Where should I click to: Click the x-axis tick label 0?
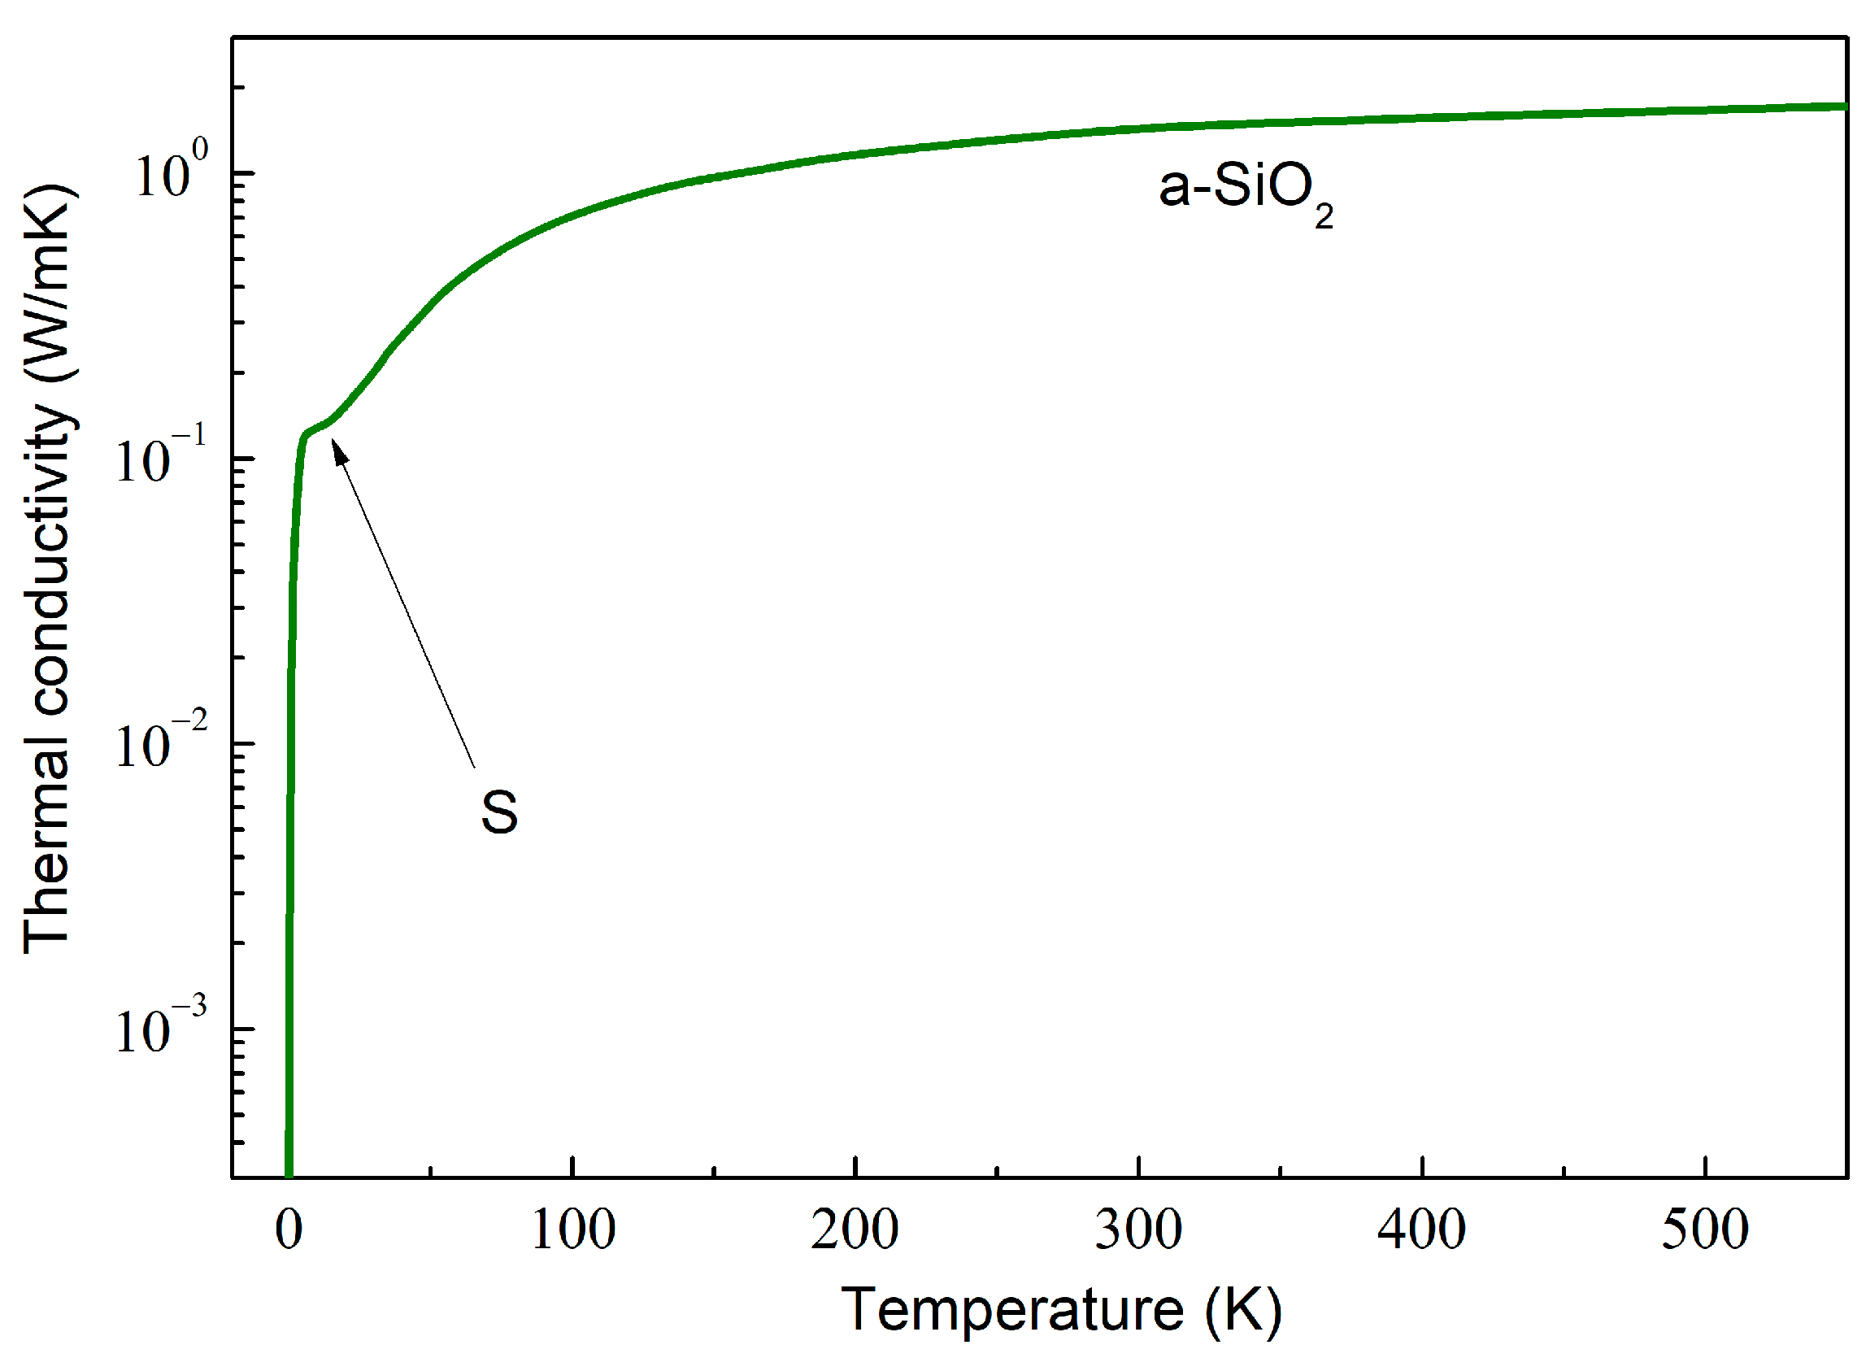(289, 1230)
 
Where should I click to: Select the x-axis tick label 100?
(572, 1230)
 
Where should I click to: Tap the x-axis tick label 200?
(855, 1230)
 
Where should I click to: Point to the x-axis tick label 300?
(1138, 1230)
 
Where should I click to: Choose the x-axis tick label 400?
(1422, 1230)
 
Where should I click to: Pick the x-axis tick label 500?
(1705, 1230)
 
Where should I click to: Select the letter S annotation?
(499, 812)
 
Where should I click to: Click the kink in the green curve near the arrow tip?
(307, 433)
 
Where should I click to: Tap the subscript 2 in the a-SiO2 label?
(1324, 216)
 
